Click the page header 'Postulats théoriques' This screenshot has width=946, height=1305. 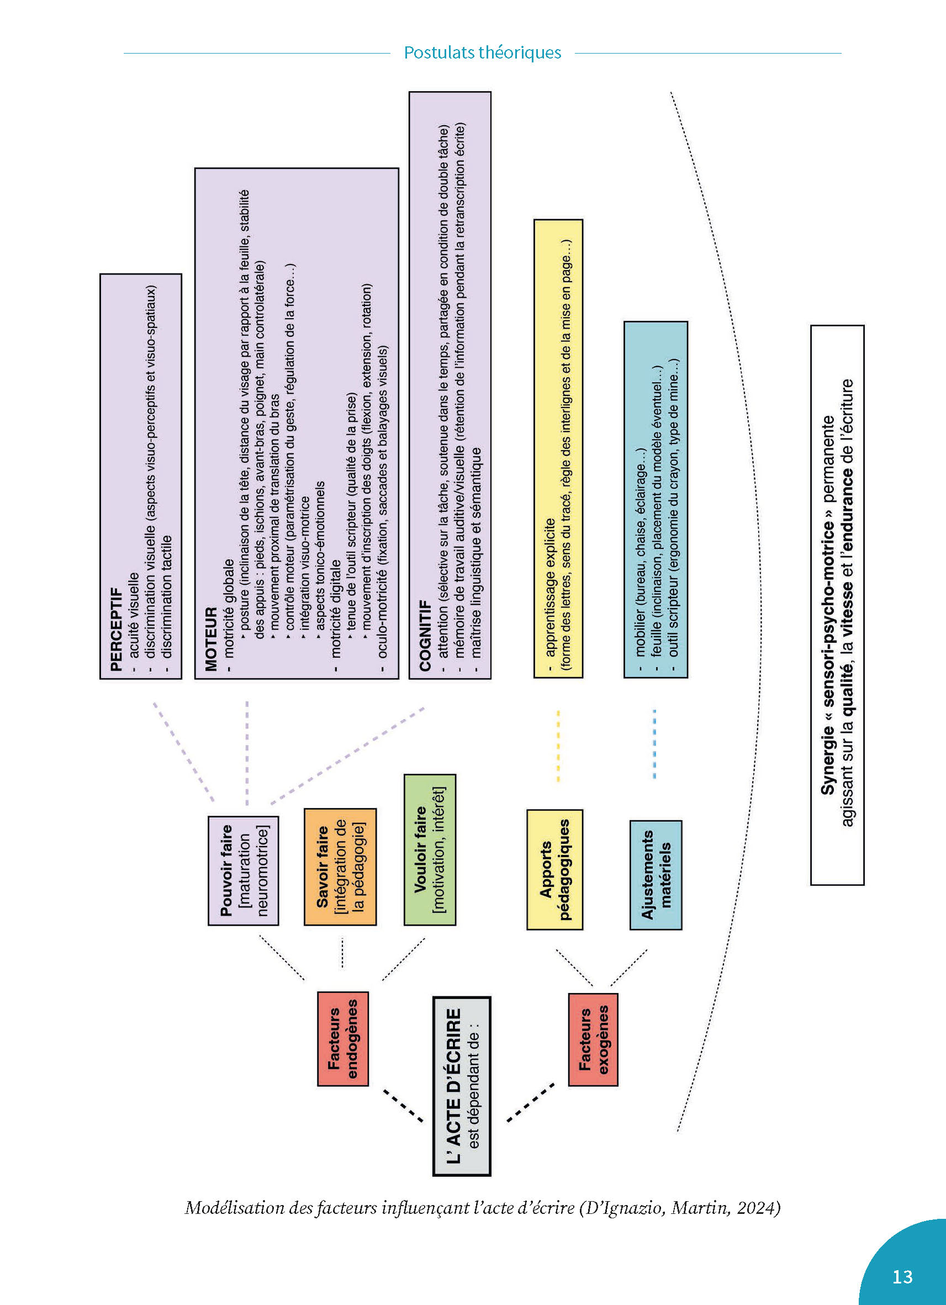(x=482, y=53)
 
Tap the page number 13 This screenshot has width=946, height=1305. (x=902, y=1277)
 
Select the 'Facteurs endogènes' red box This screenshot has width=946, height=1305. (x=343, y=1039)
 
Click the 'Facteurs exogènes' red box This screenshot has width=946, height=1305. (x=593, y=1039)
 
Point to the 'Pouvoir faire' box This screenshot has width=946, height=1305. (x=244, y=870)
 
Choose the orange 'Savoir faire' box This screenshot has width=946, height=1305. (x=340, y=867)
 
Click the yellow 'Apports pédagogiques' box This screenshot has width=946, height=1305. (x=554, y=869)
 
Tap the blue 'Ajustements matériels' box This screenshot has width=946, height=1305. (x=656, y=875)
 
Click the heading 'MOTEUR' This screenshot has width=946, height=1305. (x=211, y=638)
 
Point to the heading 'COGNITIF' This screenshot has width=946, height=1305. (x=425, y=635)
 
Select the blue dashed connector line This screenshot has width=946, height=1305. (x=654, y=744)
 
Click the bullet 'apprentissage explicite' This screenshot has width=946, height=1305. (x=550, y=587)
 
